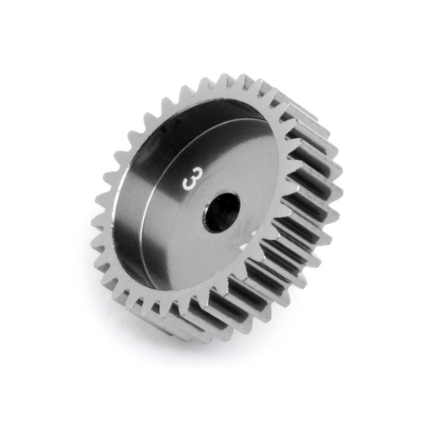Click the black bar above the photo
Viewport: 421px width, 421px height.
[210, 25]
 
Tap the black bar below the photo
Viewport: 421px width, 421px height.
[210, 394]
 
